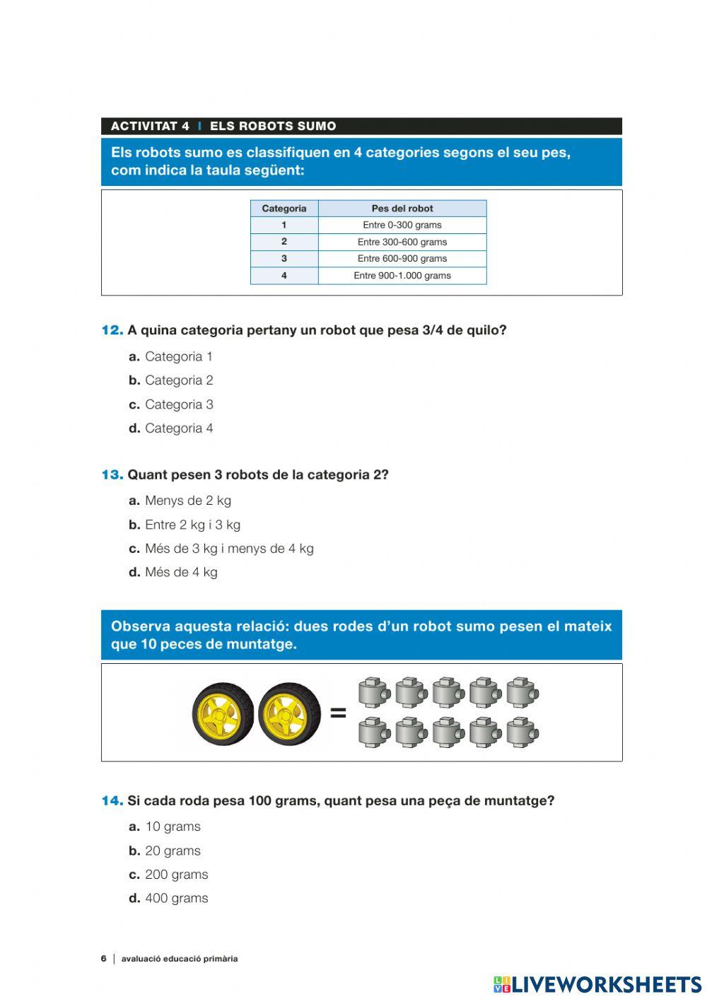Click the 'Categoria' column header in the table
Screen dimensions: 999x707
pyautogui.click(x=284, y=209)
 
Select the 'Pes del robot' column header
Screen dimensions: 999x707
pyautogui.click(x=402, y=209)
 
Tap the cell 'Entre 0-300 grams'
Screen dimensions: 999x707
pyautogui.click(x=402, y=225)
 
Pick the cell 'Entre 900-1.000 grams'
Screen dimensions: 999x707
pyautogui.click(x=402, y=276)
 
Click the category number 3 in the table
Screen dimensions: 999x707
pyautogui.click(x=284, y=259)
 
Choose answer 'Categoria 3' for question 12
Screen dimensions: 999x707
pyautogui.click(x=178, y=404)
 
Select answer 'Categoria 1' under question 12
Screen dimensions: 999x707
pyautogui.click(x=178, y=357)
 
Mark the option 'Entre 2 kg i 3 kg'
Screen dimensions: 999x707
pyautogui.click(x=192, y=525)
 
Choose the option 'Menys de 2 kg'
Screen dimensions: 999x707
pyautogui.click(x=187, y=501)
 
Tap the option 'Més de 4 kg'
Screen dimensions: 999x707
pyautogui.click(x=180, y=572)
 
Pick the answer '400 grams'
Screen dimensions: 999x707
pyautogui.click(x=176, y=898)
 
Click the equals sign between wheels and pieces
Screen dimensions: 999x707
pyautogui.click(x=339, y=713)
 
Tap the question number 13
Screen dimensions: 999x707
pyautogui.click(x=112, y=475)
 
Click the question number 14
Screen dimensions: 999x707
pyautogui.click(x=112, y=801)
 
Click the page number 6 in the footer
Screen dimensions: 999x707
pyautogui.click(x=103, y=959)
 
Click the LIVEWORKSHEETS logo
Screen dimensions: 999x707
pyautogui.click(x=597, y=984)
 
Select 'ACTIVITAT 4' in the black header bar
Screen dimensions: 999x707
pyautogui.click(x=150, y=127)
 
